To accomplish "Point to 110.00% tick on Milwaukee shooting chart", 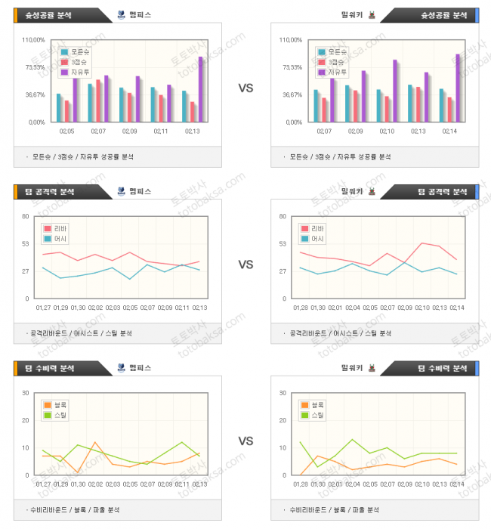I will click(291, 40).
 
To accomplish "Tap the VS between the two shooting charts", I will click(246, 88).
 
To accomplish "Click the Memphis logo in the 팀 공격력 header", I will click(122, 191).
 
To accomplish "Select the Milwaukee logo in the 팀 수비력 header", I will click(371, 368).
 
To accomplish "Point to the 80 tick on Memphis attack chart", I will click(25, 217).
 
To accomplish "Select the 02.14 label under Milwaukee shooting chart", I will click(449, 131).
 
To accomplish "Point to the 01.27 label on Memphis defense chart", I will click(43, 484).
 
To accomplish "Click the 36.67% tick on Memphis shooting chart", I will click(35, 94).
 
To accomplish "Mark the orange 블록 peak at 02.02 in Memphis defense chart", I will click(95, 442).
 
